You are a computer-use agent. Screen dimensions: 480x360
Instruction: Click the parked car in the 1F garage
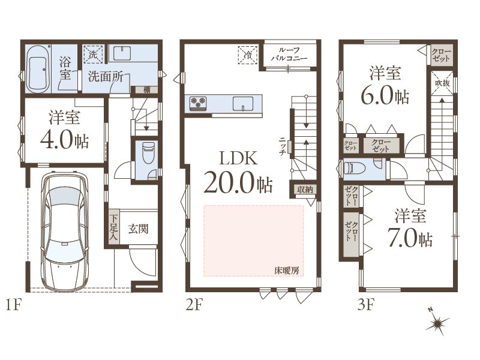tap(65, 231)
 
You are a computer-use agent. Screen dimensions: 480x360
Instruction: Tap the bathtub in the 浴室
tap(38, 69)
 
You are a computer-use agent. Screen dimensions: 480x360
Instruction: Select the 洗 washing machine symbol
tap(94, 54)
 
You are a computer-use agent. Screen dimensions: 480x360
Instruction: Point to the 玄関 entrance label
tap(139, 229)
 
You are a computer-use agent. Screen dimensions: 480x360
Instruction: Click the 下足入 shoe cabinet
tap(114, 227)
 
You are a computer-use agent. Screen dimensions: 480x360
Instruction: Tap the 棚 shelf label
tap(147, 89)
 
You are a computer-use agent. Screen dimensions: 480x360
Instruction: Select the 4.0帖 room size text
tap(65, 140)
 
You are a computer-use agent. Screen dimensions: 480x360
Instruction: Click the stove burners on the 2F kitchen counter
tap(197, 103)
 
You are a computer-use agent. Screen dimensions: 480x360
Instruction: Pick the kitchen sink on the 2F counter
tap(243, 103)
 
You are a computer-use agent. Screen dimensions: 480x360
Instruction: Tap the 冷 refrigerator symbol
tap(248, 55)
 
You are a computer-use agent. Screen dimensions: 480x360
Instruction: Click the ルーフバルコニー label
tap(289, 54)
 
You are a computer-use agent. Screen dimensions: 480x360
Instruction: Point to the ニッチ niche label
tap(283, 146)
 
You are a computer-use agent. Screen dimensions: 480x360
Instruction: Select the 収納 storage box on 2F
tap(305, 189)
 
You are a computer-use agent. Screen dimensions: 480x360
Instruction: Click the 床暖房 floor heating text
tap(287, 271)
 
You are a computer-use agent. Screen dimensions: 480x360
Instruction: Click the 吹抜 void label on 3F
tap(442, 83)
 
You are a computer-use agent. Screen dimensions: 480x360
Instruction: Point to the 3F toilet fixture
tap(355, 169)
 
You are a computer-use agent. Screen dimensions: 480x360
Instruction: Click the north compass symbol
tap(438, 323)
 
